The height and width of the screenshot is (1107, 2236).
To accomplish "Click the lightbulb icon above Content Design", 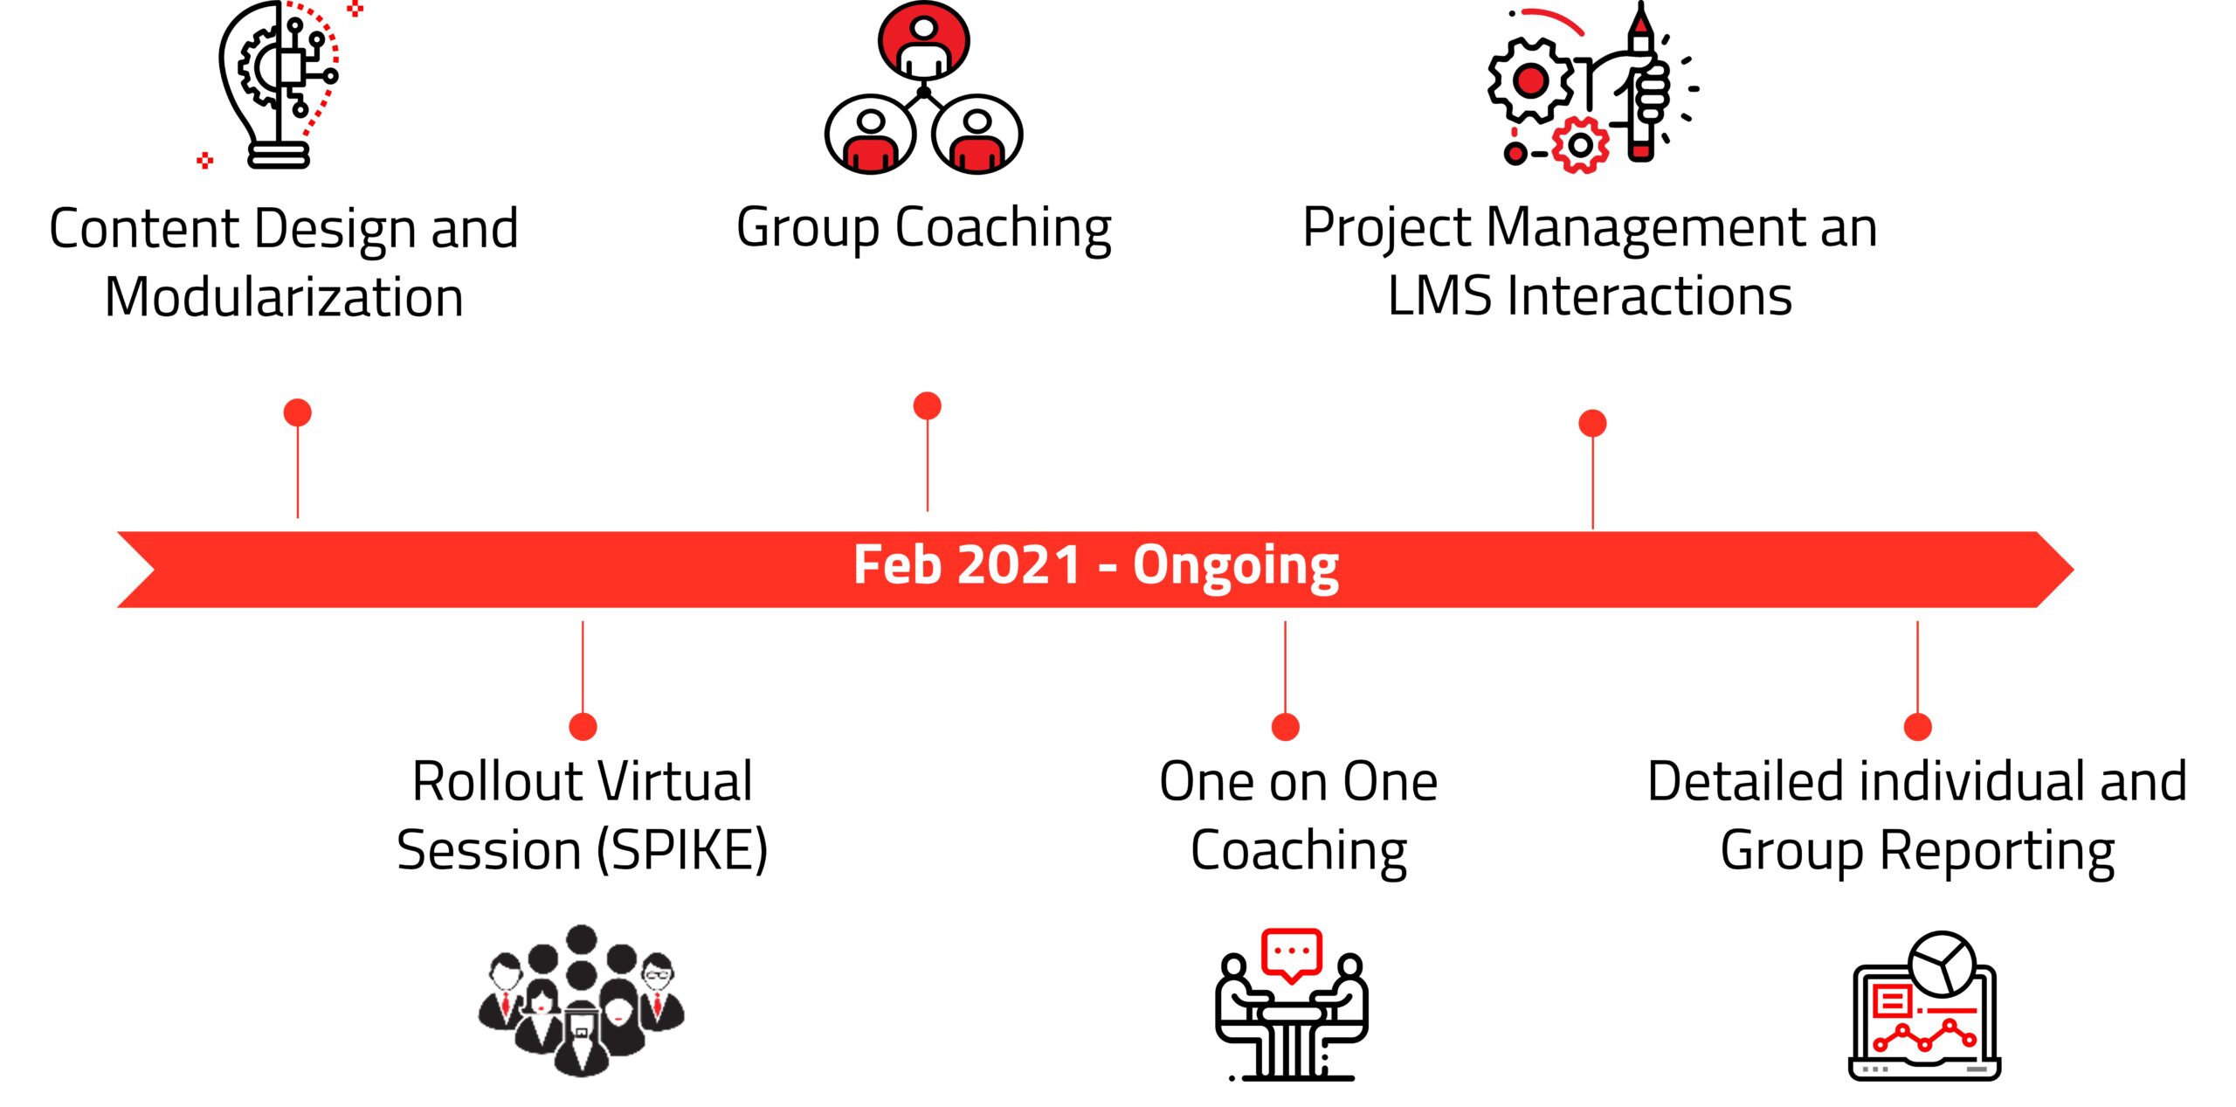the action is coord(278,85).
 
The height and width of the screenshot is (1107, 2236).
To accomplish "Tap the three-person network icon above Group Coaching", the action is coord(923,87).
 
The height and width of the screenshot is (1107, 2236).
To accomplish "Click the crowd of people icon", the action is coord(582,1000).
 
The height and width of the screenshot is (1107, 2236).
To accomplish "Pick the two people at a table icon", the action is coord(1291,1005).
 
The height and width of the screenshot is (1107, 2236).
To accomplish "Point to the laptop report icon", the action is coord(1924,1006).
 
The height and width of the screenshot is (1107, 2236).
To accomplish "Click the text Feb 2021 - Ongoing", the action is coord(1096,566).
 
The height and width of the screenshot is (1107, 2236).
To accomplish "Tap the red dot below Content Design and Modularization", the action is coord(298,412).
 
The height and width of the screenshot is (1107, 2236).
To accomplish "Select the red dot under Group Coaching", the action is coord(927,405).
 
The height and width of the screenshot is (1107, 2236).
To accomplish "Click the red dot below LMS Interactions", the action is coord(1592,423).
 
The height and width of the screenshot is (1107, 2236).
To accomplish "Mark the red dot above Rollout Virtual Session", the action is coord(583,726).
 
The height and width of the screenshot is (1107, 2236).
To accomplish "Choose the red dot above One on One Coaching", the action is coord(1285,726).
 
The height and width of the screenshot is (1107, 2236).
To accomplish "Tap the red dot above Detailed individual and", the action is coord(1917,726).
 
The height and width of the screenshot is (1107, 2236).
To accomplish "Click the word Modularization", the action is coord(284,297).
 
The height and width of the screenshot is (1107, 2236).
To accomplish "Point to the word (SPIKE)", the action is coord(682,850).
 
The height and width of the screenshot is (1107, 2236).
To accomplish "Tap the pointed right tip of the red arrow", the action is coord(2073,570).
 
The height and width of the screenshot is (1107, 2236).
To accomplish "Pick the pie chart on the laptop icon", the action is coord(1943,964).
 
